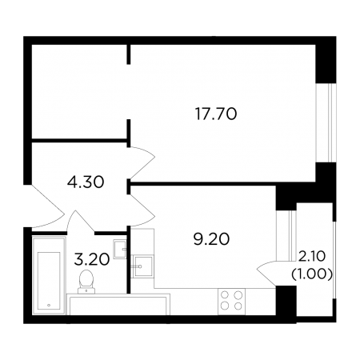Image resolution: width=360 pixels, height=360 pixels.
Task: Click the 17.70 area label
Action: pos(216,114)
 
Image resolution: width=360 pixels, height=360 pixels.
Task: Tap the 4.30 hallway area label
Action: pos(86,182)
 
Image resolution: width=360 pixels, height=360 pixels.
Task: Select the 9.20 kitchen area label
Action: pos(211,238)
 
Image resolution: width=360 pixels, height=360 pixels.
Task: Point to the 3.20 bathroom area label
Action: pos(92,259)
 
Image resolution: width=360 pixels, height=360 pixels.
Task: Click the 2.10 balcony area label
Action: pos(312,257)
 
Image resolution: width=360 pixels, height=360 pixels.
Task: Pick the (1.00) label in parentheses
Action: pos(312,274)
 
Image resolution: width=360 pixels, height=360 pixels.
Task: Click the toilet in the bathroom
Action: pos(86,282)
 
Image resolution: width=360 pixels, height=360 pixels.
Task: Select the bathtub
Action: pos(49,275)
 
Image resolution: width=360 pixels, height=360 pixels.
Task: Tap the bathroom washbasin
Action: pos(120,250)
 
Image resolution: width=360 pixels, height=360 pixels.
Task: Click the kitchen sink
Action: pos(143,266)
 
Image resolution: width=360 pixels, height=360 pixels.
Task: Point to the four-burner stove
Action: pos(231,302)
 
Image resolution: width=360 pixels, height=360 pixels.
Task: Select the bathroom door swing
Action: pos(80,222)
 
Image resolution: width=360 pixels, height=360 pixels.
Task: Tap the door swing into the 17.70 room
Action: pos(142,162)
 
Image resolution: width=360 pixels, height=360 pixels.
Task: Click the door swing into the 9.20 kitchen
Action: pos(142,210)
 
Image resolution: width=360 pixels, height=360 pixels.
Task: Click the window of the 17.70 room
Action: pos(326,122)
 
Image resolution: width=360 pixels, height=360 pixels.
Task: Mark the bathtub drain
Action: pos(49,305)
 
